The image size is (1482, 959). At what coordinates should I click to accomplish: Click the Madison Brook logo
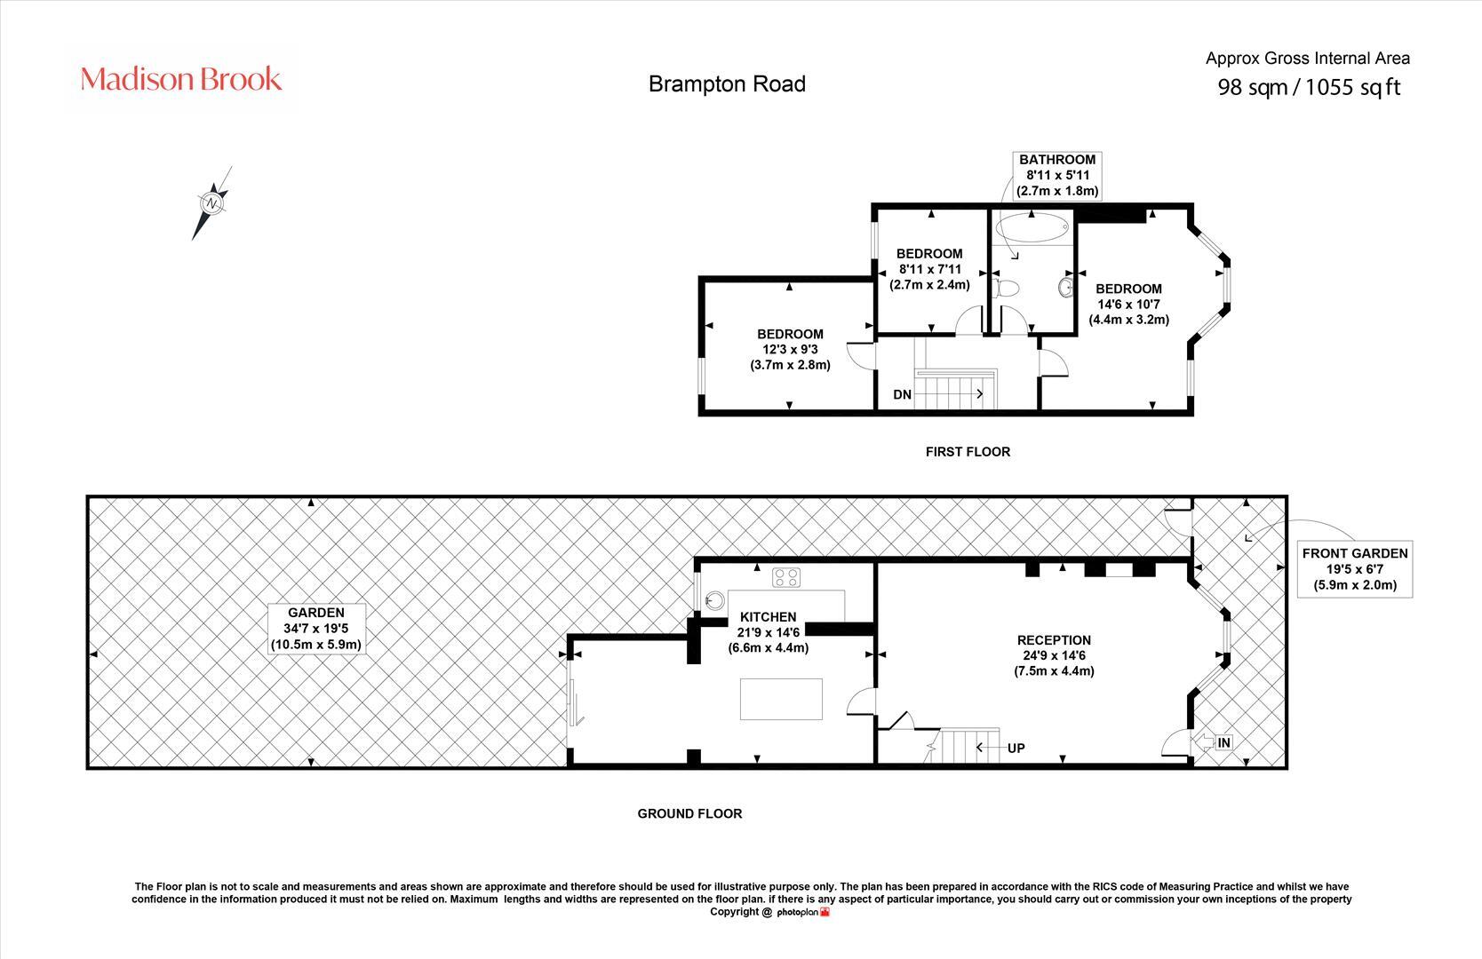(181, 79)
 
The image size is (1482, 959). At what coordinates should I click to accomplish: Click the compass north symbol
(213, 202)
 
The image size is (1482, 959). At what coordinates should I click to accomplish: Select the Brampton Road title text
(727, 83)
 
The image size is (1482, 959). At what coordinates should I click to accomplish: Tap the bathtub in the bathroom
(1031, 228)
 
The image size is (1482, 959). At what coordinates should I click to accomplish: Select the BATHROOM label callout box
(1057, 175)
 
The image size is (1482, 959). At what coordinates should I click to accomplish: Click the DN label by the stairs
(902, 394)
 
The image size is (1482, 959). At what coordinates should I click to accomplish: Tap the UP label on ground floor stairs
(1016, 748)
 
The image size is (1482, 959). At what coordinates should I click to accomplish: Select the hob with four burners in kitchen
(786, 577)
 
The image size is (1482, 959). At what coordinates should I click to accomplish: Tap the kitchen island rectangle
(781, 699)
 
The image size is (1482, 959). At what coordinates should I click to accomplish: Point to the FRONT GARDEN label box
(1354, 569)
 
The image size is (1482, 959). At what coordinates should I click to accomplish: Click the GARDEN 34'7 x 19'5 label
(315, 628)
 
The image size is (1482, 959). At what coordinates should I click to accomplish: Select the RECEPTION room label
(1054, 654)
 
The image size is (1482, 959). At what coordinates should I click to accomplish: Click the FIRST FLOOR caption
(968, 451)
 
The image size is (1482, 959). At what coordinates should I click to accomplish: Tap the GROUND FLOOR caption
(689, 813)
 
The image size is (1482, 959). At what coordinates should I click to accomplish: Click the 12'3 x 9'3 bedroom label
(790, 349)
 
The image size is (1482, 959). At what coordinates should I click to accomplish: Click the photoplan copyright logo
(803, 912)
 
